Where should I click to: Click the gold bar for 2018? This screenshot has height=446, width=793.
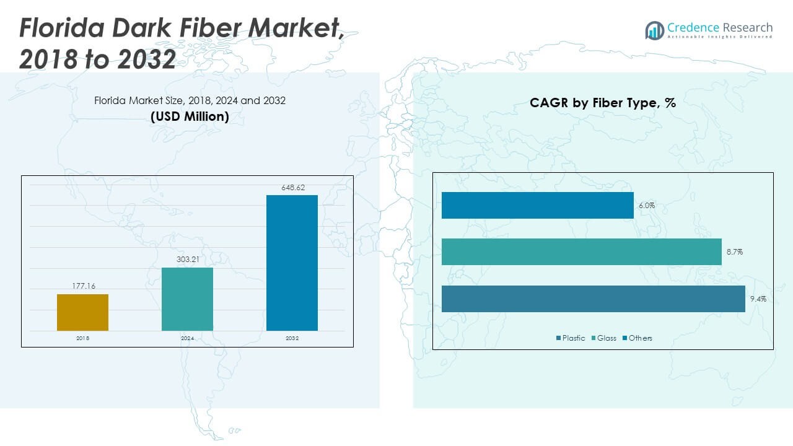pyautogui.click(x=82, y=312)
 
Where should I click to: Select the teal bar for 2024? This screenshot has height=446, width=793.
pyautogui.click(x=187, y=299)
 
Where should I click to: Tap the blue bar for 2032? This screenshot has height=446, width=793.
pyautogui.click(x=292, y=263)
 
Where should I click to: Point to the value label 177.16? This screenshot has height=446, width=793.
pyautogui.click(x=82, y=286)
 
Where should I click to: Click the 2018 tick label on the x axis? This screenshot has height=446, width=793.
pyautogui.click(x=82, y=338)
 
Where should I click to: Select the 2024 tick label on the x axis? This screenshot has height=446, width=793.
pyautogui.click(x=187, y=338)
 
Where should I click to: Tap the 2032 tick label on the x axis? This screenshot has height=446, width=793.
pyautogui.click(x=292, y=338)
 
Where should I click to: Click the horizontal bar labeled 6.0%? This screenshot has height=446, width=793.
pyautogui.click(x=537, y=205)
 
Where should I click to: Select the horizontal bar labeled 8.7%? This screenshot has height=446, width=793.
pyautogui.click(x=581, y=251)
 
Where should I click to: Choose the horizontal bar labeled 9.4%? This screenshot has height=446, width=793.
pyautogui.click(x=593, y=299)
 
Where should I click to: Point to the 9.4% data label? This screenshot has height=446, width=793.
pyautogui.click(x=758, y=299)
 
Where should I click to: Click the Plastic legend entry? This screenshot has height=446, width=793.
pyautogui.click(x=570, y=338)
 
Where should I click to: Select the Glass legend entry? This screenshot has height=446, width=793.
pyautogui.click(x=603, y=338)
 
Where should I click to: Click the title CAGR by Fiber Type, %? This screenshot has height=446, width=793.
pyautogui.click(x=602, y=103)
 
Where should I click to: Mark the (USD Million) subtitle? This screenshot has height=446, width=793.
pyautogui.click(x=190, y=116)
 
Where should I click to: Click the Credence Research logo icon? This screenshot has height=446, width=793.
pyautogui.click(x=654, y=30)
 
